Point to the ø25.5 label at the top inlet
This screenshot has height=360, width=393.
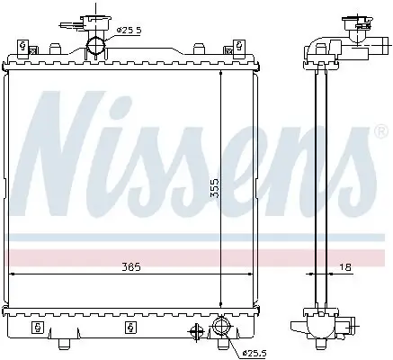coord(130,31)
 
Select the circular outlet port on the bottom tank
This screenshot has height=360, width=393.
coord(221,328)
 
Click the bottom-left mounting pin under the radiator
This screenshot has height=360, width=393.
coord(64,343)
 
